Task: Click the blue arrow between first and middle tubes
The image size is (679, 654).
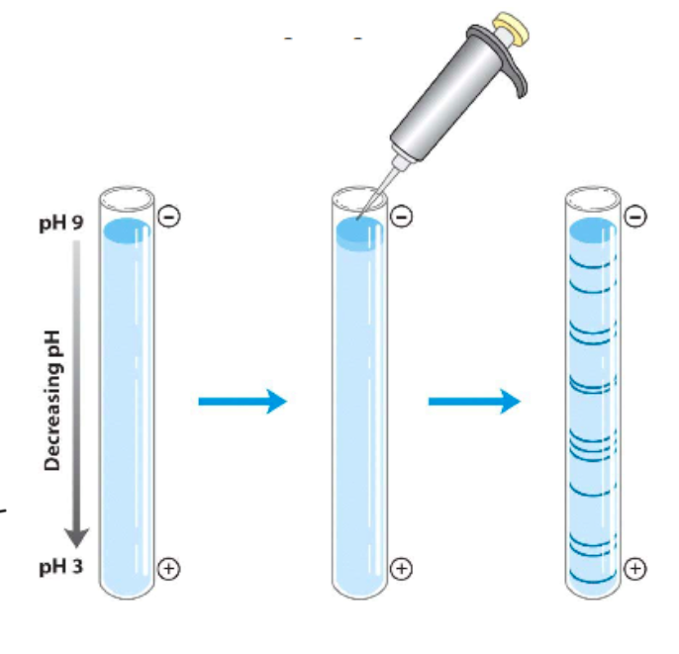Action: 242,400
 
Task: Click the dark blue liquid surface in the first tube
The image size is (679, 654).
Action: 127,232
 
